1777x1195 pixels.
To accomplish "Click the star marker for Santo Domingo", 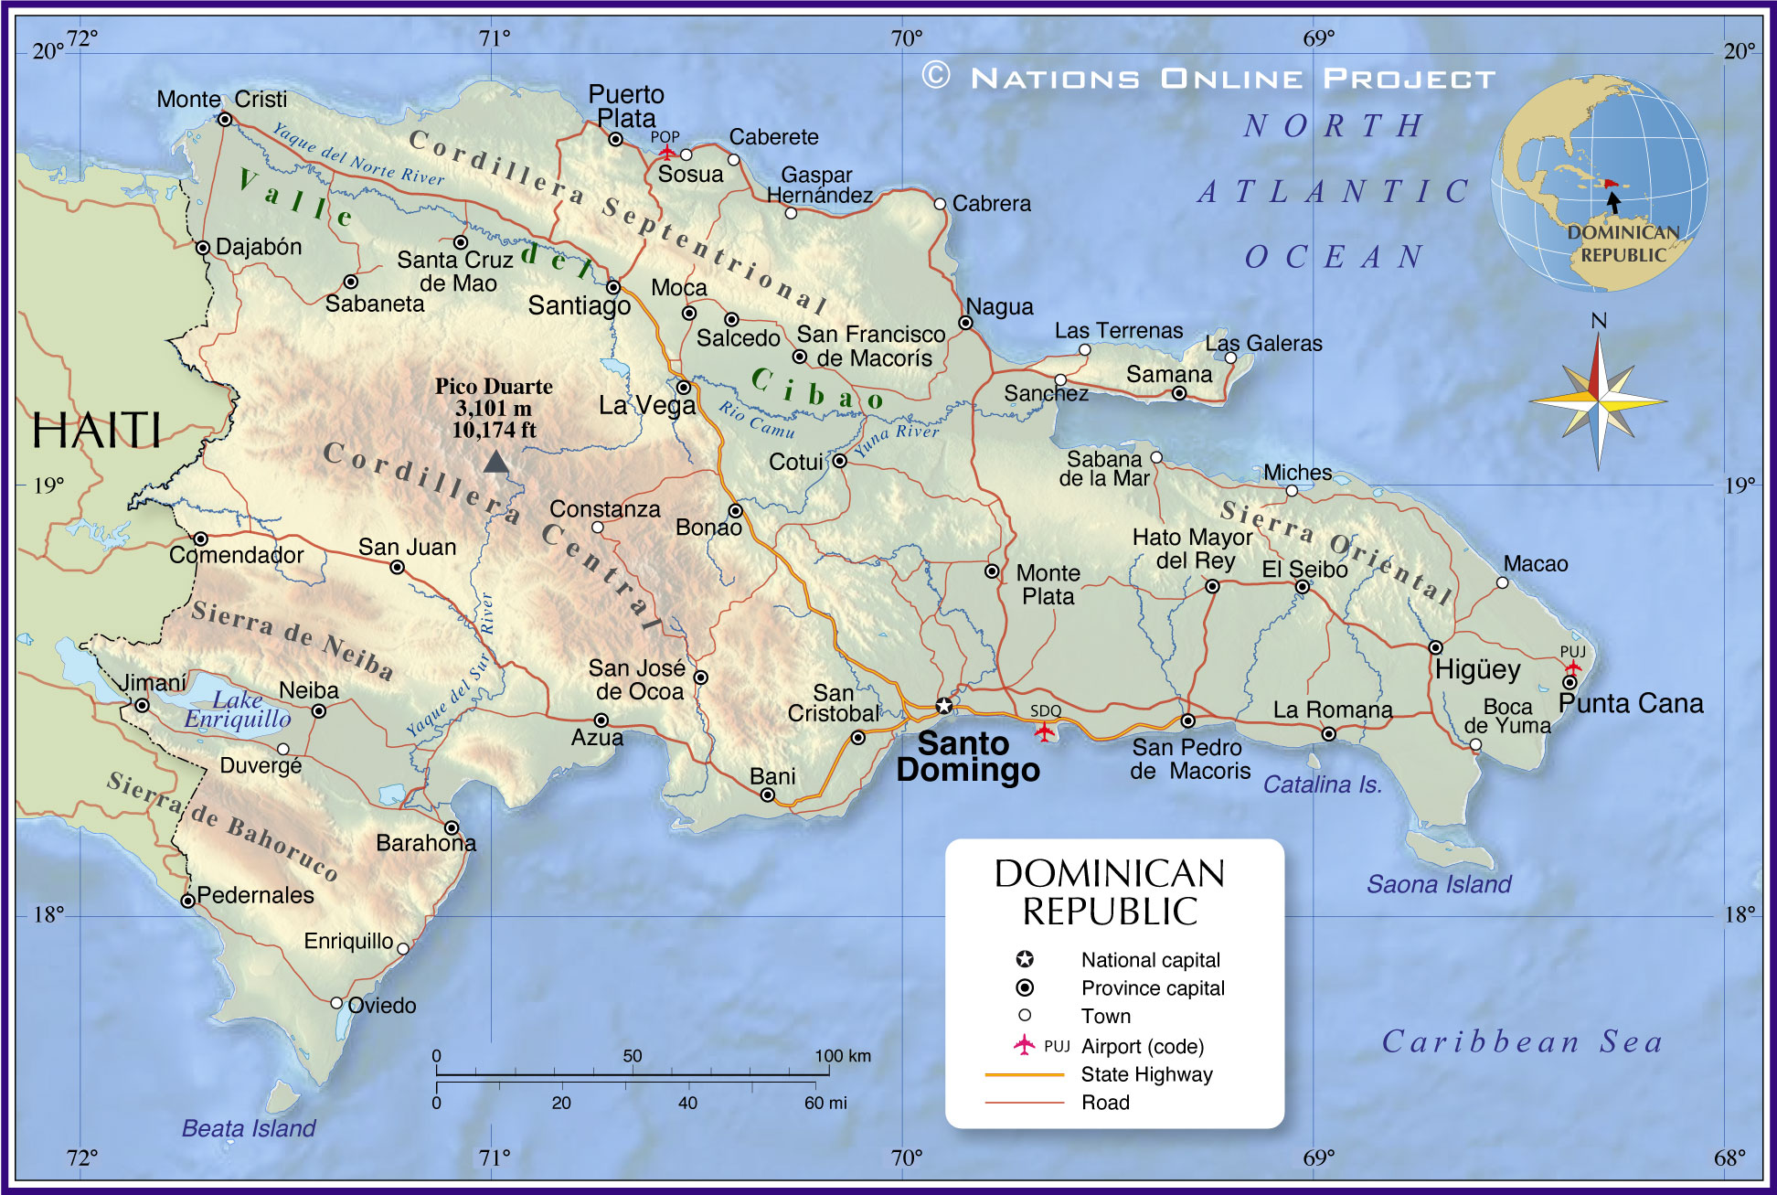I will (x=944, y=705).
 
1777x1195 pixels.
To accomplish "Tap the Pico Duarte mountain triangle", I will (x=495, y=462).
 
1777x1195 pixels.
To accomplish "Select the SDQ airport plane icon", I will (x=1044, y=731).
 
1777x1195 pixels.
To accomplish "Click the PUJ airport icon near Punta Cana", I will (x=1572, y=667).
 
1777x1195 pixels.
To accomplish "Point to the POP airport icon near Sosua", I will (x=667, y=152).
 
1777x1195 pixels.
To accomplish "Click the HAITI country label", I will (x=96, y=430).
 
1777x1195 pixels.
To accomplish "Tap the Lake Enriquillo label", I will (x=238, y=710).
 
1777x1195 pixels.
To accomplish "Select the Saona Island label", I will (x=1439, y=884).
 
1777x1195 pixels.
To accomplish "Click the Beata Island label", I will (x=249, y=1128).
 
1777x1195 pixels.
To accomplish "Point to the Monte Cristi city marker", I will (x=225, y=120).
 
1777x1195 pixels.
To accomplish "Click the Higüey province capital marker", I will (x=1435, y=647).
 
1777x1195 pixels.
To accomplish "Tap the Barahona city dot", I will (x=452, y=827).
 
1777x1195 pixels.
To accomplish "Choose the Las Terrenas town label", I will (x=1119, y=330).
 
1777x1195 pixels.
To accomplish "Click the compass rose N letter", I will (x=1599, y=321).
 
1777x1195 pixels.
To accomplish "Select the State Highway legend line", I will (x=1024, y=1074).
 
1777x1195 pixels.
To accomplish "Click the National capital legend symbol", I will (x=1025, y=959).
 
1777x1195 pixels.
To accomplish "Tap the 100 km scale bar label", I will (x=843, y=1056).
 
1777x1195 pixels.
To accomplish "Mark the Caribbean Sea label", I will (x=1521, y=1041).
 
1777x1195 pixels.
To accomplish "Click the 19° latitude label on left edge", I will (x=48, y=485).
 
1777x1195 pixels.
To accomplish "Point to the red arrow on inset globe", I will (x=1610, y=184).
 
